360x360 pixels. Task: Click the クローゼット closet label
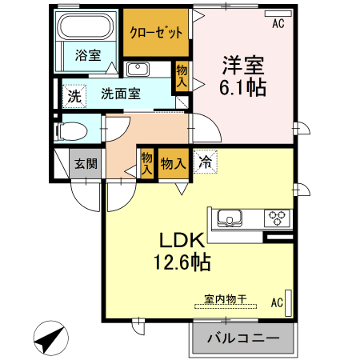coord(156,33)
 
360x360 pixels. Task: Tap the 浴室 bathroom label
coord(88,55)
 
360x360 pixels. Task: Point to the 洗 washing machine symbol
coord(74,96)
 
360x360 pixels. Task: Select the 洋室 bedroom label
coord(242,64)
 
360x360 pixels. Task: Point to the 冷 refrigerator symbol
coord(204,162)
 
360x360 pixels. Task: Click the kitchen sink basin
coord(228,217)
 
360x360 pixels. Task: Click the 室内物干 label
coord(225,299)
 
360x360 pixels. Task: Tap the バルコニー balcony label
coord(243,338)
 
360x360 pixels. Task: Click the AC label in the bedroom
coord(278,24)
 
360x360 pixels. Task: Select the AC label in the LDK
coord(277,302)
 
